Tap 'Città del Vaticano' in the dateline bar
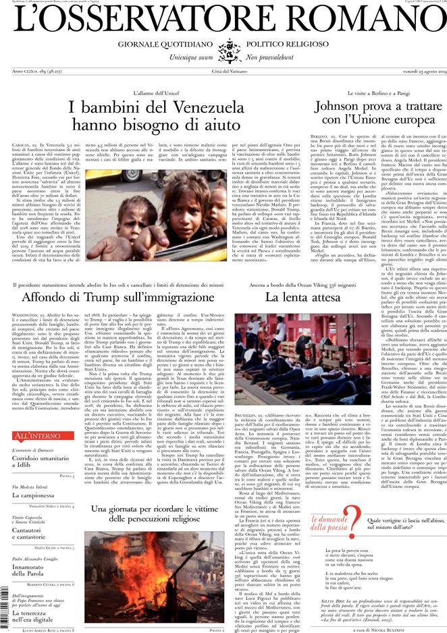(x=223, y=72)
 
